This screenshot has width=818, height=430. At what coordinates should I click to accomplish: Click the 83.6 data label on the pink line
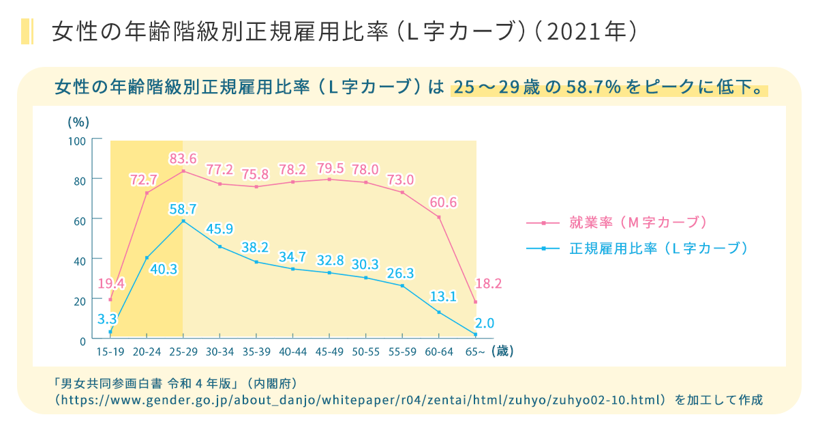tap(183, 159)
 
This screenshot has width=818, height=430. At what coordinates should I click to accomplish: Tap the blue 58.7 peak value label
tap(183, 209)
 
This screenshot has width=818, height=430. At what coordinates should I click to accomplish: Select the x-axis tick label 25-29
tap(183, 352)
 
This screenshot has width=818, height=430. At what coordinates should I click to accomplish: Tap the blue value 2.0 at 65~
tap(484, 323)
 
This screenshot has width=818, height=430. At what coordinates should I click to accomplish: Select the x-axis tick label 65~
tap(475, 352)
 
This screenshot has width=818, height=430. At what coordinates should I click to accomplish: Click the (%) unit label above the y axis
tap(78, 122)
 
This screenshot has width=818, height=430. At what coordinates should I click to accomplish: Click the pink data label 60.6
tap(443, 203)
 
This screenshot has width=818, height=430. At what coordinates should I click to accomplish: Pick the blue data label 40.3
tap(164, 269)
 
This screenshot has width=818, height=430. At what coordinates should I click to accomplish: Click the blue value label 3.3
tap(106, 318)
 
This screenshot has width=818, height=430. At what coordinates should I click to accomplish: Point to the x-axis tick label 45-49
tap(329, 352)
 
